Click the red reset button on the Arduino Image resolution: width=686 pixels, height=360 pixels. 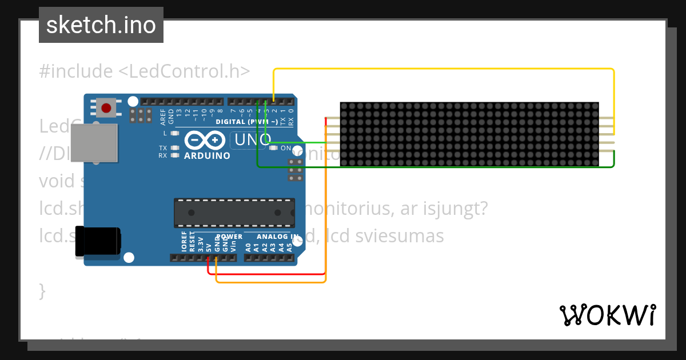pos(106,107)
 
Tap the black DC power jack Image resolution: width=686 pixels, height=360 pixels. pos(98,241)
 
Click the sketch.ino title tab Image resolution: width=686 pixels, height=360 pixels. pos(101,25)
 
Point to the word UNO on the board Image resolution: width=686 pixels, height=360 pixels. pos(251,140)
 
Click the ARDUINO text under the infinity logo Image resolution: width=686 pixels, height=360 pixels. pos(207,155)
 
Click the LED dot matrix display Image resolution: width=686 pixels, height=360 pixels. pos(469,135)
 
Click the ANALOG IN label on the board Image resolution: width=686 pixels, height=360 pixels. pos(277,237)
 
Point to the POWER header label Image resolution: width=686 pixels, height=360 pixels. pos(229,237)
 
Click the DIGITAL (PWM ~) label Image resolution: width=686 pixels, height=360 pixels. pos(246,122)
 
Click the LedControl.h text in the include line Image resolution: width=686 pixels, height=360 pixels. pos(185,71)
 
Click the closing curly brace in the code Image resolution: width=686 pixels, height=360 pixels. pos(42,291)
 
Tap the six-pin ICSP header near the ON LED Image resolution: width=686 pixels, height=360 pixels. pos(296,170)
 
